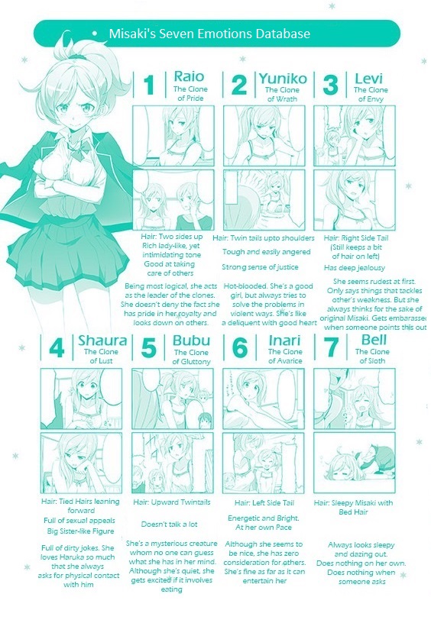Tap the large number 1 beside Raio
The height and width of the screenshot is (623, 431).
150,85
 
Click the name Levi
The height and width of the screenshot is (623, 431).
370,78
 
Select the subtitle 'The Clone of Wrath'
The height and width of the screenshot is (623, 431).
282,95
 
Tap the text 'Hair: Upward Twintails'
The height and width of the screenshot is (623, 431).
173,502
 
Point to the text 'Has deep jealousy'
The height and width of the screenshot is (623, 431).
355,268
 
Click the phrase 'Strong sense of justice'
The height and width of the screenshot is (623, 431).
261,267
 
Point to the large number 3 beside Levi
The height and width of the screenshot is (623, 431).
331,85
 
